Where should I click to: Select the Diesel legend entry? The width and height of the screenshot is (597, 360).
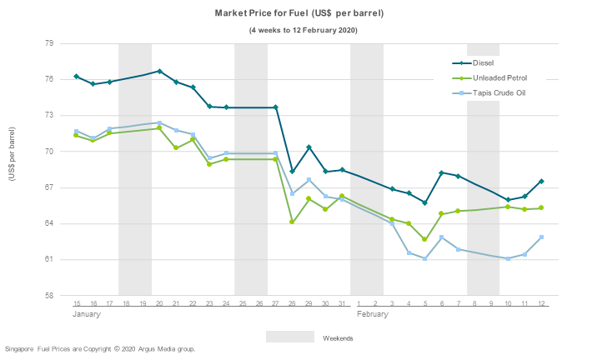tap(483, 63)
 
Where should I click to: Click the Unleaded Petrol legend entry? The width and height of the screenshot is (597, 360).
tap(499, 77)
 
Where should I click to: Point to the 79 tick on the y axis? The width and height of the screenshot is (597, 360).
tap(48, 43)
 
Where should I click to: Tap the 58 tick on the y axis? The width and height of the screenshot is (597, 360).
tap(48, 296)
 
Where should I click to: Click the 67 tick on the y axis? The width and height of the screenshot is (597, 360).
tap(48, 187)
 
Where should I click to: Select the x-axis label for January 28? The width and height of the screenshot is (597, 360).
tap(292, 304)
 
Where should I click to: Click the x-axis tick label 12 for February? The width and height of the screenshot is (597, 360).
tap(541, 304)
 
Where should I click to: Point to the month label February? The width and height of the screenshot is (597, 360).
tap(373, 315)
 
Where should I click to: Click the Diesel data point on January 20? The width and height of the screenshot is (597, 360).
tap(159, 72)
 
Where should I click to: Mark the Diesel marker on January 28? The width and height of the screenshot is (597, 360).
tap(292, 172)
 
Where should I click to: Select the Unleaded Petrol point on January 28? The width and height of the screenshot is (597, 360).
tap(292, 222)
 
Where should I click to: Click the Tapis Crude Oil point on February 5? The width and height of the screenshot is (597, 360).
tap(425, 258)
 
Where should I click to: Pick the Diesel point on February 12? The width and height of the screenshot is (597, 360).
tap(541, 182)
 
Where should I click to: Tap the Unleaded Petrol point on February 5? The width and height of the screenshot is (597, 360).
tap(425, 239)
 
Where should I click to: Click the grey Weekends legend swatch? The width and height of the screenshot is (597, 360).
tap(290, 337)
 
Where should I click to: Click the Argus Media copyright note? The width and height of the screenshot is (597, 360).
tap(100, 348)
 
